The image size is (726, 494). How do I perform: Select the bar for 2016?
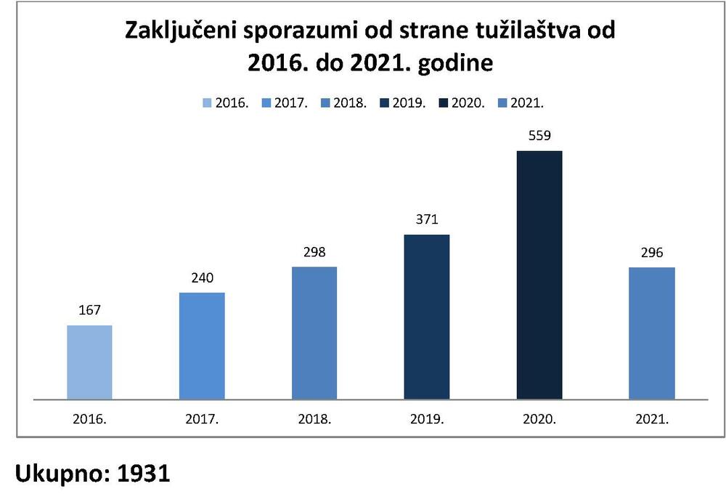click(89, 362)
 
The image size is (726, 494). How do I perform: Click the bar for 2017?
click(202, 346)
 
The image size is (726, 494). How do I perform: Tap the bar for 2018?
click(314, 333)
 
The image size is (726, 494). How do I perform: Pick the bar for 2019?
click(427, 317)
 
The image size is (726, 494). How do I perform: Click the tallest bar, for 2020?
click(539, 275)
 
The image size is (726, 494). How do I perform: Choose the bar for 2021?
click(652, 333)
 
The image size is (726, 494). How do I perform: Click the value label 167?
click(89, 310)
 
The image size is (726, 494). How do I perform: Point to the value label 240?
click(202, 278)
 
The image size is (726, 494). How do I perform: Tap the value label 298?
click(314, 252)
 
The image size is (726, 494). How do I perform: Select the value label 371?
click(427, 219)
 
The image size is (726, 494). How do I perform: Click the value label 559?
click(539, 136)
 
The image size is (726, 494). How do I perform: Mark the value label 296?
click(652, 253)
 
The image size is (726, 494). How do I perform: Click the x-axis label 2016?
click(89, 419)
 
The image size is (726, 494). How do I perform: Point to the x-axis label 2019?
click(427, 419)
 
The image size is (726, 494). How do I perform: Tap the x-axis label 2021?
click(652, 419)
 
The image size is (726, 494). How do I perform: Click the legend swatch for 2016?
click(207, 103)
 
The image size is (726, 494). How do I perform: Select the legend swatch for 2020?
click(443, 103)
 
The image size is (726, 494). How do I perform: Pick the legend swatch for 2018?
click(325, 103)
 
